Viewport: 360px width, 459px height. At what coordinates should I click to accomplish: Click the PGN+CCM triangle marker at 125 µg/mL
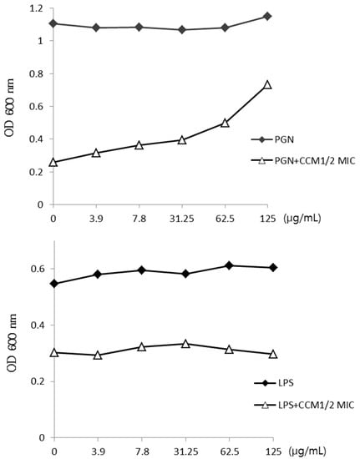click(x=267, y=84)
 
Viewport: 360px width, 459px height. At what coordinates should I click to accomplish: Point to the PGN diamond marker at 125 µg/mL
click(x=267, y=16)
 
